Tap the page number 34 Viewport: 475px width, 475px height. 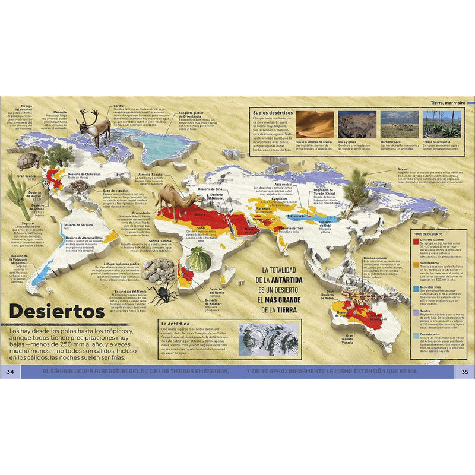pos(9,372)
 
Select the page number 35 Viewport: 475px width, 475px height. pos(464,372)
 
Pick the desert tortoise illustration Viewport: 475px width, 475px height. pos(28,161)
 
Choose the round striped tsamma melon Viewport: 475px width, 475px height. pos(198,259)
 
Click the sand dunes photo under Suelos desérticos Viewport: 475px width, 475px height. pos(312,124)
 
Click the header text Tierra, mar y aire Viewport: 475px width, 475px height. pos(451,104)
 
